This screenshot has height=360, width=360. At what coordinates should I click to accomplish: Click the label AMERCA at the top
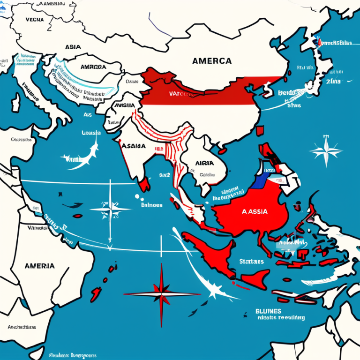pos(211,61)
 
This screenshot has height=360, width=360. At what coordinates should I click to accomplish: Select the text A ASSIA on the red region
pos(255,211)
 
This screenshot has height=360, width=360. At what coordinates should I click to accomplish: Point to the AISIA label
pos(203,163)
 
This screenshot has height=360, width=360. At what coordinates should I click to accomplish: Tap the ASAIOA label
pos(134,145)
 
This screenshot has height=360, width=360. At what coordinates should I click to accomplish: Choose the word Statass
pos(251,261)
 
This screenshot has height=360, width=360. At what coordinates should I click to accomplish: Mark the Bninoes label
pos(151,205)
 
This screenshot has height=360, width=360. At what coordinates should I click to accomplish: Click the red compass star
pos(161,294)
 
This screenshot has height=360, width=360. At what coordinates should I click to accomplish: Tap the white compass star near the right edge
pos(326,150)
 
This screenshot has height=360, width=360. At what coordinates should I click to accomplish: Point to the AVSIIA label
pos(123,105)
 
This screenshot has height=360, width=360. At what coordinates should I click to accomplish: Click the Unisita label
pos(91,133)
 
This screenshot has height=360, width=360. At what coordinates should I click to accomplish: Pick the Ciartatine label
pos(21,140)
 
